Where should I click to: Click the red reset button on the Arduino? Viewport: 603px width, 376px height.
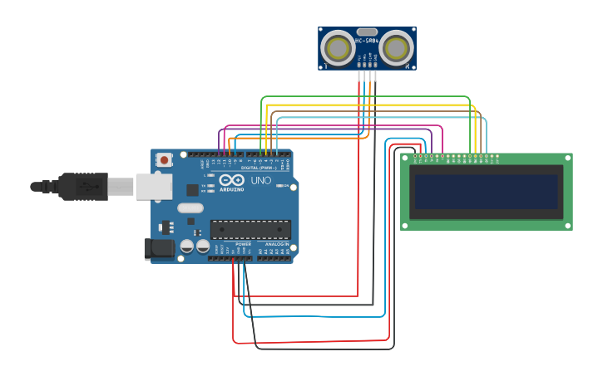(165, 159)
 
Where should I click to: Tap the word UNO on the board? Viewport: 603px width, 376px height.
(260, 180)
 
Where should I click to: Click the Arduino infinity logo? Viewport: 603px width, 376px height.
(233, 180)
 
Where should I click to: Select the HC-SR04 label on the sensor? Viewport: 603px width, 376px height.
(367, 40)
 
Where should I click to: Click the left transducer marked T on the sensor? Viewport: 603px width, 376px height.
(338, 47)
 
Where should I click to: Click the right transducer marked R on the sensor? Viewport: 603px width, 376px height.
(396, 47)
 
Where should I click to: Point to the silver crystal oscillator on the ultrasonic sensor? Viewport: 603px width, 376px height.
(367, 31)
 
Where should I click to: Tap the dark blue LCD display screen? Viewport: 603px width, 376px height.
(486, 192)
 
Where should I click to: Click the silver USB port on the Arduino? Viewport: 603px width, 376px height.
(154, 187)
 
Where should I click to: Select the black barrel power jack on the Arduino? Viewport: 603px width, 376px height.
(159, 247)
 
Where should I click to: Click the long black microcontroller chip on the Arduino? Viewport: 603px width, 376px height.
(250, 229)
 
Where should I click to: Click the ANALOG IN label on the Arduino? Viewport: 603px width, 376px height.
(276, 244)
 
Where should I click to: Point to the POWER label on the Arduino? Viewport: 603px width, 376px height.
(243, 244)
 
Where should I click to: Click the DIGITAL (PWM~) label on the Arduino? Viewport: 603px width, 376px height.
(255, 168)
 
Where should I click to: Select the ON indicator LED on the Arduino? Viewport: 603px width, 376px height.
(280, 186)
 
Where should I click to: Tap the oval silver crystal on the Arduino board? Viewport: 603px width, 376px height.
(190, 209)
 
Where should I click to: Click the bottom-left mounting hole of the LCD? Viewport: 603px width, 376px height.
(404, 225)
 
